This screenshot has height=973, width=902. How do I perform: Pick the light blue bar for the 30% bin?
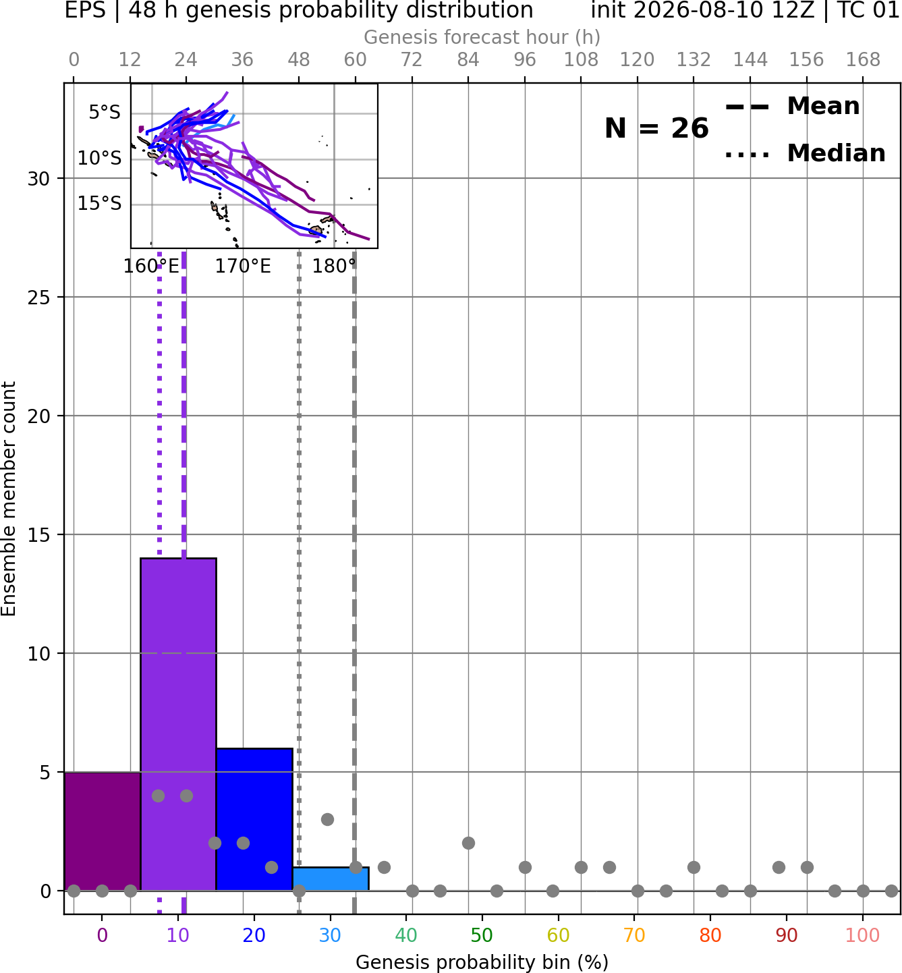[x=331, y=879]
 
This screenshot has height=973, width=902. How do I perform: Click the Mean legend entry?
[x=792, y=107]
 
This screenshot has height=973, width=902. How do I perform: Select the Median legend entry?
[x=805, y=153]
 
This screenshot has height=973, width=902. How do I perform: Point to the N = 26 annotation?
[x=656, y=128]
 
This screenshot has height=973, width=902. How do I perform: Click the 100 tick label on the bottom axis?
[x=862, y=935]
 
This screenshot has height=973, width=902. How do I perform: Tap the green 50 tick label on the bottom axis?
[x=482, y=935]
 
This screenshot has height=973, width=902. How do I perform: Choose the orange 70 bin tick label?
[x=634, y=935]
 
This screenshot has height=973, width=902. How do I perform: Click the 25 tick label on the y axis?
[x=39, y=298]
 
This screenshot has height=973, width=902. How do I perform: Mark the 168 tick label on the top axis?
[x=863, y=60]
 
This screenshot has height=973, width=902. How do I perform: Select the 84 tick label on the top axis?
[x=468, y=60]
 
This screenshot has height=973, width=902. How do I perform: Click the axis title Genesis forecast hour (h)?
[x=482, y=37]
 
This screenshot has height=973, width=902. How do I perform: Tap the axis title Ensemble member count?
[x=8, y=499]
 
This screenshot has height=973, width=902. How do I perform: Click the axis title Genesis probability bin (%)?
[x=482, y=962]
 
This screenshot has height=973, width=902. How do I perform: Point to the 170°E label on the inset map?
[x=243, y=267]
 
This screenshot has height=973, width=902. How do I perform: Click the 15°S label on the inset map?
[x=99, y=203]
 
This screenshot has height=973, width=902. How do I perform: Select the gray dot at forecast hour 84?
[x=468, y=843]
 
